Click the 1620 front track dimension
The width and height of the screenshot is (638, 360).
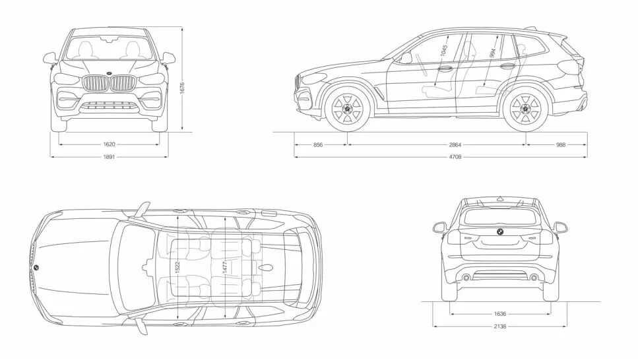coord(110,143)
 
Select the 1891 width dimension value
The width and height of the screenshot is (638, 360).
coord(110,157)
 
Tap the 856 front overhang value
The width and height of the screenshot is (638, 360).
coord(319,143)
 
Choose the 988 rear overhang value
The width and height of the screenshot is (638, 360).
coord(560,143)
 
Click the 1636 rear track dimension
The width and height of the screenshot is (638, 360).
coord(499,315)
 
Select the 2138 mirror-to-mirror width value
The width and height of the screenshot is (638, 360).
coord(499,326)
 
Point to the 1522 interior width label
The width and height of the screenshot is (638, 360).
coord(178,267)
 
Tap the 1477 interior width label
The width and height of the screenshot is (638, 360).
coord(225,267)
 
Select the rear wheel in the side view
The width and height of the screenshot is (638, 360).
coord(525,109)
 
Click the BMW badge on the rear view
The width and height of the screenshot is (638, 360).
coord(499,232)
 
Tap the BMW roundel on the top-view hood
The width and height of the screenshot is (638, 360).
coord(36,268)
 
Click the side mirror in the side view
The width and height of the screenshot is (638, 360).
coord(405,59)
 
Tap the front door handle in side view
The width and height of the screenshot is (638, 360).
coord(445,67)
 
